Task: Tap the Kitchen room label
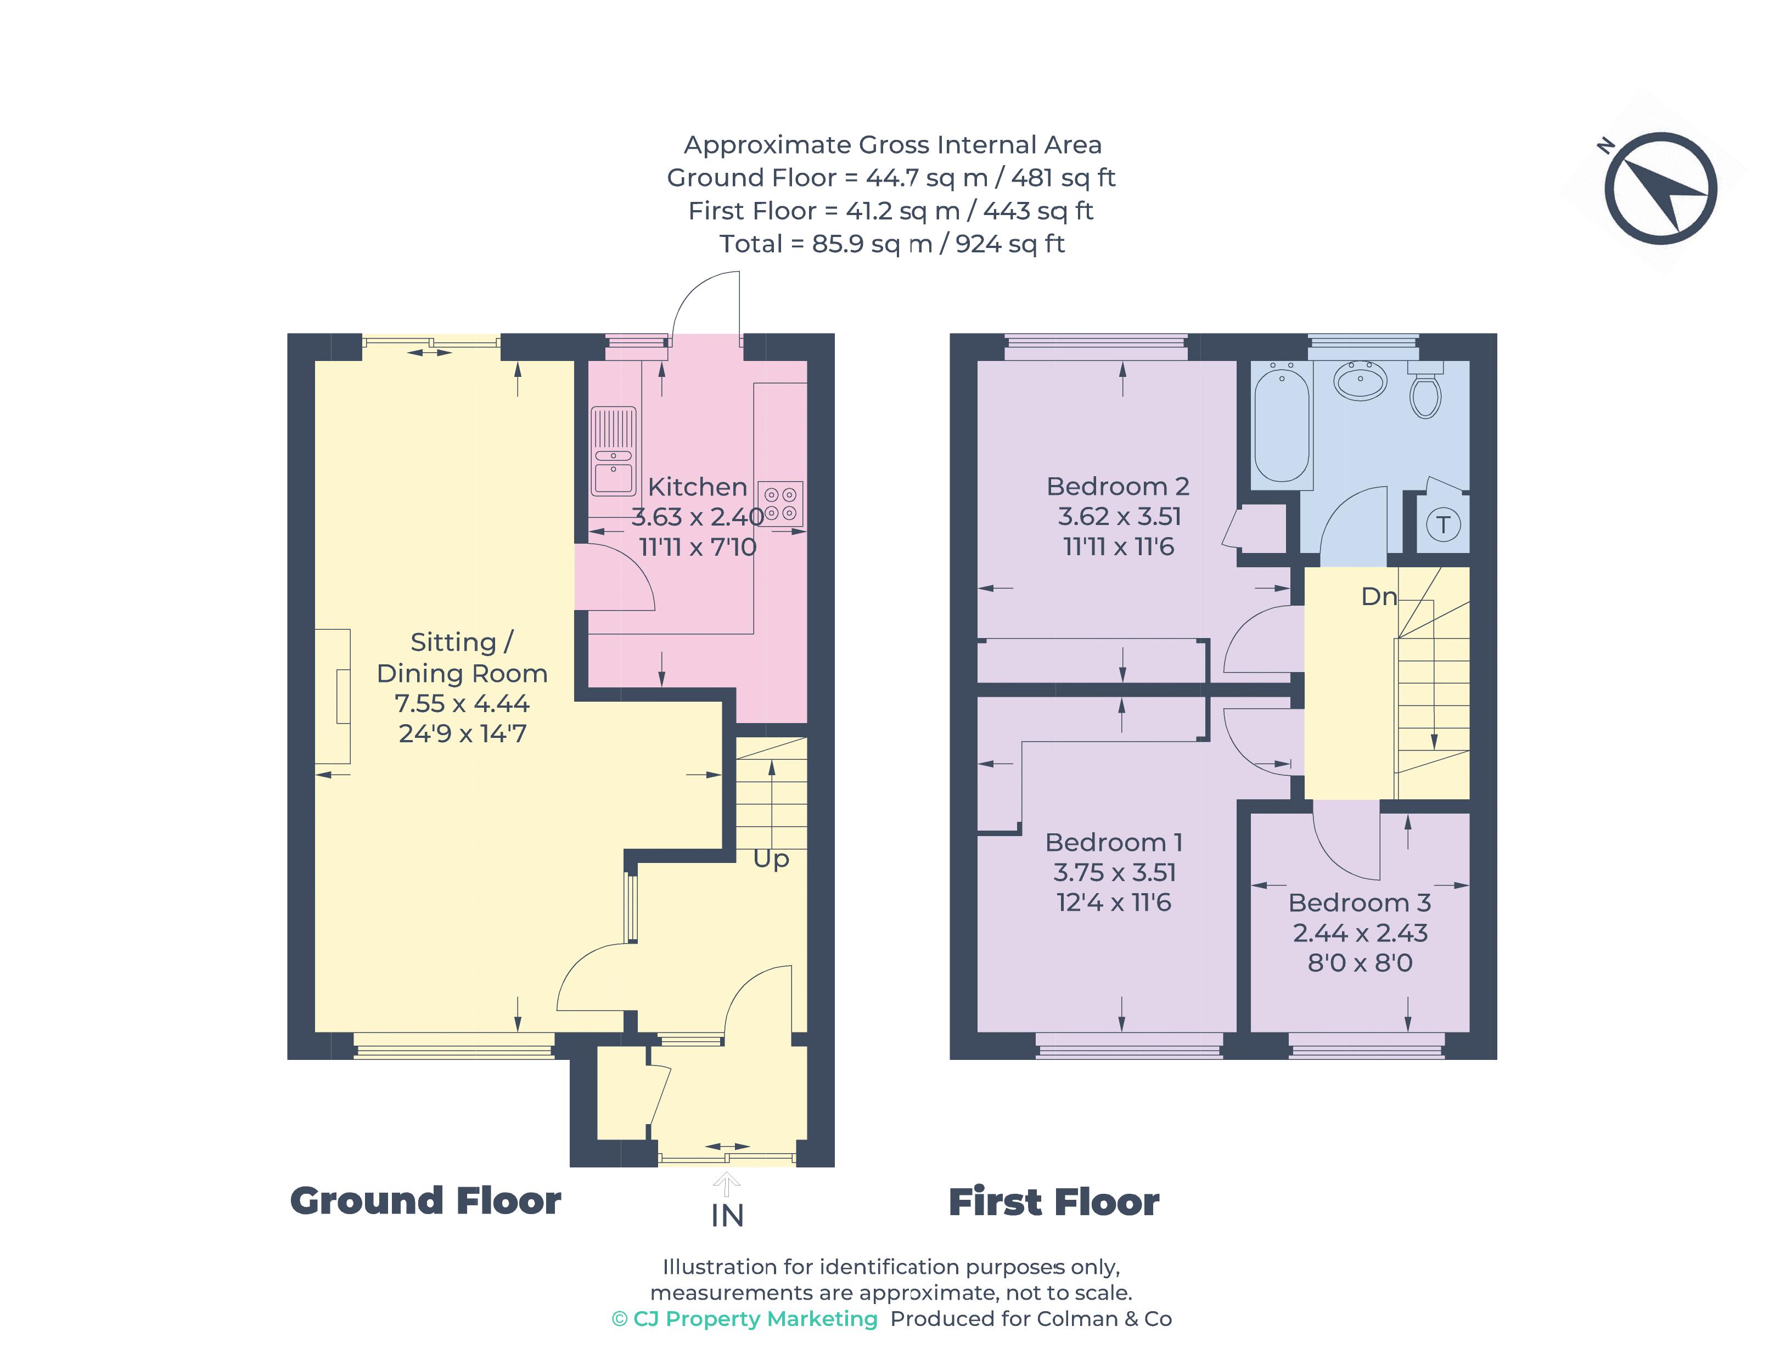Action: [x=697, y=487]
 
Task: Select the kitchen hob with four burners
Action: [x=779, y=504]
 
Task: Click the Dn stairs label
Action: [x=1378, y=597]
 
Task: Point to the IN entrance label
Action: [x=726, y=1215]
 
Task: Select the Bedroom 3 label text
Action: [x=1359, y=902]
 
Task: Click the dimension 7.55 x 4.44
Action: [x=462, y=703]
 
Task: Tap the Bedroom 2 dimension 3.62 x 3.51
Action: [x=1119, y=516]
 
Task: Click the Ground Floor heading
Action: [x=425, y=1200]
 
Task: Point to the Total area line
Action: [x=891, y=244]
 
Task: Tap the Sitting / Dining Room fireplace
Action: [x=334, y=696]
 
